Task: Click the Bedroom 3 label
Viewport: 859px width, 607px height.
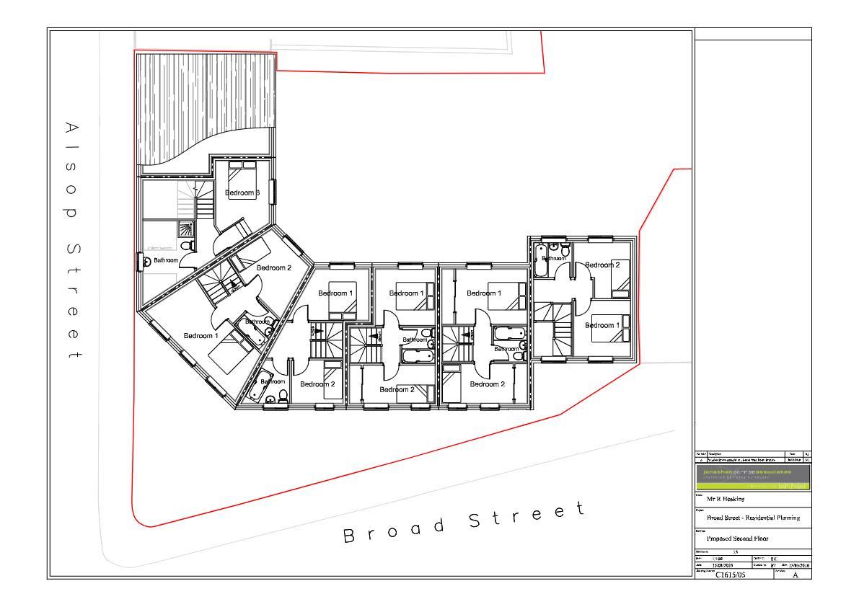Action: coord(242,192)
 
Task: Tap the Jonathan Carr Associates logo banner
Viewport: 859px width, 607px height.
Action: coord(753,477)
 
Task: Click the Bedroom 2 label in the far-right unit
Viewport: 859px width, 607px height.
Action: coord(602,265)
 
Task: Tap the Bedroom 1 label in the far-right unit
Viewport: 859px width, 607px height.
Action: coord(602,325)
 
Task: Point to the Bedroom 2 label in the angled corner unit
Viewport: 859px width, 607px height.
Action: coord(273,267)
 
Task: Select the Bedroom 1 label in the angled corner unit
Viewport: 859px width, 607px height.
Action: coord(201,336)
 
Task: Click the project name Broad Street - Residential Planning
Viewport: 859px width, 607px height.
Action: coord(753,518)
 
